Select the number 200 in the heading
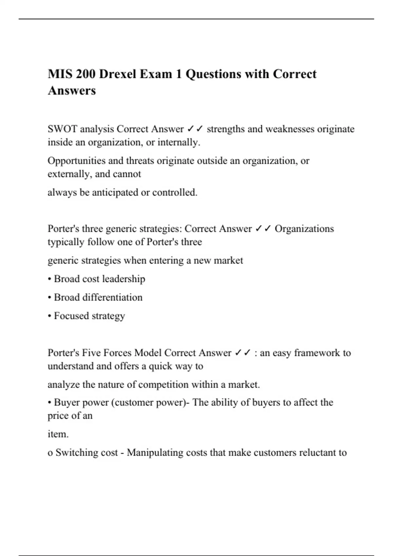(x=86, y=74)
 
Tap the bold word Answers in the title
(x=72, y=91)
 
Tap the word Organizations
(x=304, y=229)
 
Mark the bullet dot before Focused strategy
(x=49, y=316)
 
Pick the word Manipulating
(x=155, y=453)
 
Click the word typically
(x=66, y=242)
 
